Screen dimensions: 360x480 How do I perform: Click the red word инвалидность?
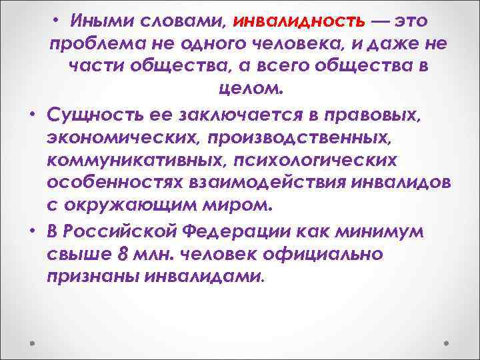pos(299,21)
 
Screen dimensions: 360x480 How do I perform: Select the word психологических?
pos(321,159)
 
